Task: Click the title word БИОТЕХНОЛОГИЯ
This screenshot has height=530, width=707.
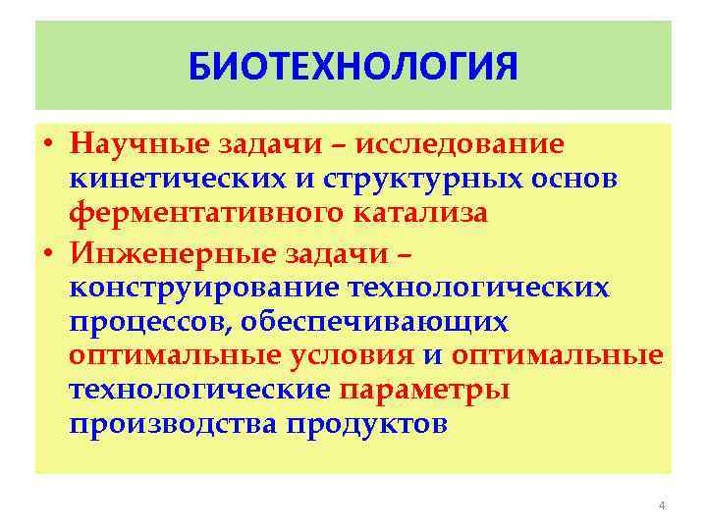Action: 353,68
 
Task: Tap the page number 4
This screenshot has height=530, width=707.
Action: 661,505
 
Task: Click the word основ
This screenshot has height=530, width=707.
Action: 581,181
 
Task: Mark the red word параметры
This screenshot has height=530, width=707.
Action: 424,391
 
